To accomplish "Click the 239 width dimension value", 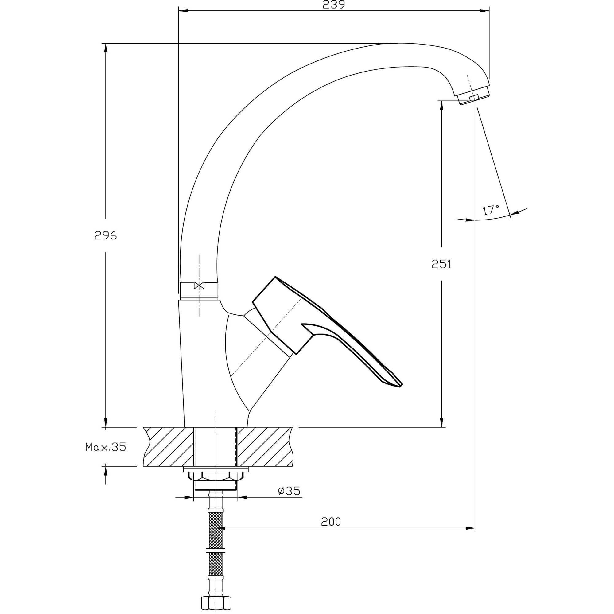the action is tap(334, 4).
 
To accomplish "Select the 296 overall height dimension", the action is tap(106, 235).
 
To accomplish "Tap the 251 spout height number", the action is tap(441, 264).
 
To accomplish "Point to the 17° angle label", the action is tap(491, 210).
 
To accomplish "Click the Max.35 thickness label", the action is tap(106, 447).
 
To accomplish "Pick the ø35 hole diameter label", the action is tap(289, 491).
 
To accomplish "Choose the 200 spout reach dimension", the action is tap(331, 522).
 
